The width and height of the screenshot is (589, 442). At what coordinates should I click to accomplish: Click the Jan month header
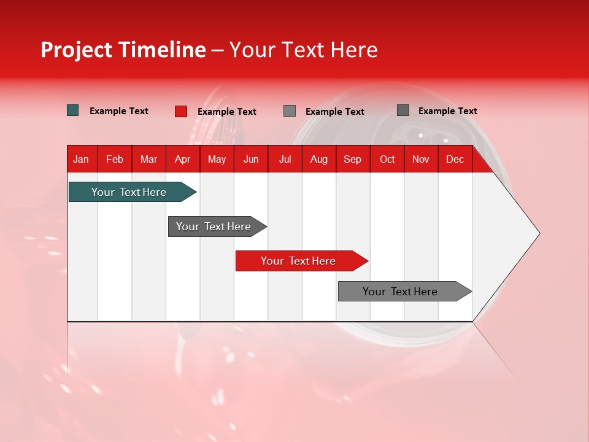[81, 160]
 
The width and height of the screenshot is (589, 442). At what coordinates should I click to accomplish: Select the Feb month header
[115, 160]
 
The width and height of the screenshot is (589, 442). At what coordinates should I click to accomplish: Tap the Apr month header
[182, 160]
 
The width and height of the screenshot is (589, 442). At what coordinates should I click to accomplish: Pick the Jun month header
[251, 160]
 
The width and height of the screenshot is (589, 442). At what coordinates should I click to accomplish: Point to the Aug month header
[318, 160]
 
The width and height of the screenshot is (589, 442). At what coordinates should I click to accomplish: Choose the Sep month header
[352, 160]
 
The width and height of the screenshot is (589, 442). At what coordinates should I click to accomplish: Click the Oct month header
[387, 160]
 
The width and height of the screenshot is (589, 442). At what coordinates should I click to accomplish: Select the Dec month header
[455, 160]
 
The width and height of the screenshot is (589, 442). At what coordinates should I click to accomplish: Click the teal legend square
[72, 110]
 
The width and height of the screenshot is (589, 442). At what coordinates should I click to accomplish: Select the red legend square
[180, 111]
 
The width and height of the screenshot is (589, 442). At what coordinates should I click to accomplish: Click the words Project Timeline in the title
[123, 50]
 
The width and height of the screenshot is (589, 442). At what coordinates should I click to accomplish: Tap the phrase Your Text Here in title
[303, 50]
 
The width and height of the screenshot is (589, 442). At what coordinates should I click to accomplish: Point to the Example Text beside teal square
[119, 111]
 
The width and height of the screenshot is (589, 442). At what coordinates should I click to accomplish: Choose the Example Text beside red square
[227, 112]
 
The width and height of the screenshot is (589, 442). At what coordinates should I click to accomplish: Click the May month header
[217, 160]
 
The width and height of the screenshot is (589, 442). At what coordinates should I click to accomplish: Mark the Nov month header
[421, 160]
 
